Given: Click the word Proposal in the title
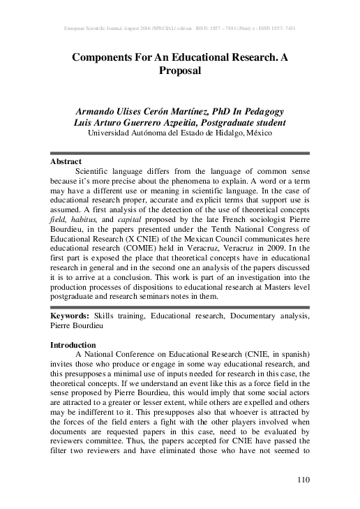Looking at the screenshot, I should click(180, 71).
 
